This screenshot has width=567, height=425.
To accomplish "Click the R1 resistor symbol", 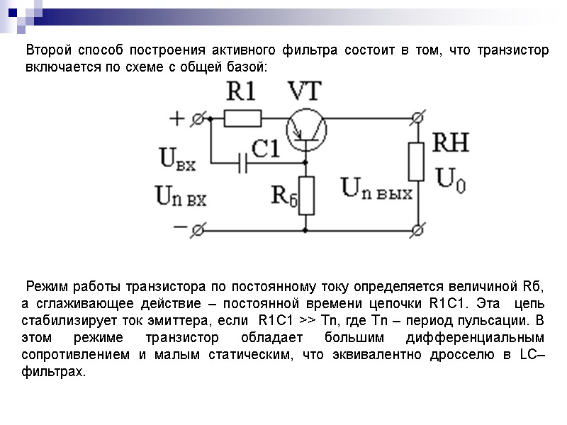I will pyautogui.click(x=242, y=118).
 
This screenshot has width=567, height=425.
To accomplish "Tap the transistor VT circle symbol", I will pyautogui.click(x=306, y=127).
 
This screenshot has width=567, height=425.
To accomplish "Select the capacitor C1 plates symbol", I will pyautogui.click(x=244, y=165).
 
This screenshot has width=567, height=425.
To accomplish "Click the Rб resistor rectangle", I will pyautogui.click(x=306, y=195).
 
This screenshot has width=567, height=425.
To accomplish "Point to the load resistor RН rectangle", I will pyautogui.click(x=417, y=161).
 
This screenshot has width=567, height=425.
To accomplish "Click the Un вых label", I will pyautogui.click(x=376, y=188).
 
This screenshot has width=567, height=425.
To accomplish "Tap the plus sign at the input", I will pyautogui.click(x=177, y=118).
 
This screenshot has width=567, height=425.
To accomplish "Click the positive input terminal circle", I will pyautogui.click(x=202, y=118).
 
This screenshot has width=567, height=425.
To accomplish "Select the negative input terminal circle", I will pyautogui.click(x=202, y=229).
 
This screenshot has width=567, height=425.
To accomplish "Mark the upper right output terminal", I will pyautogui.click(x=417, y=118).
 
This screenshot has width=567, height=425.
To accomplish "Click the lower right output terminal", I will pyautogui.click(x=417, y=229).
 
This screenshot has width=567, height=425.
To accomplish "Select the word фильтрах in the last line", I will pyautogui.click(x=53, y=371).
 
